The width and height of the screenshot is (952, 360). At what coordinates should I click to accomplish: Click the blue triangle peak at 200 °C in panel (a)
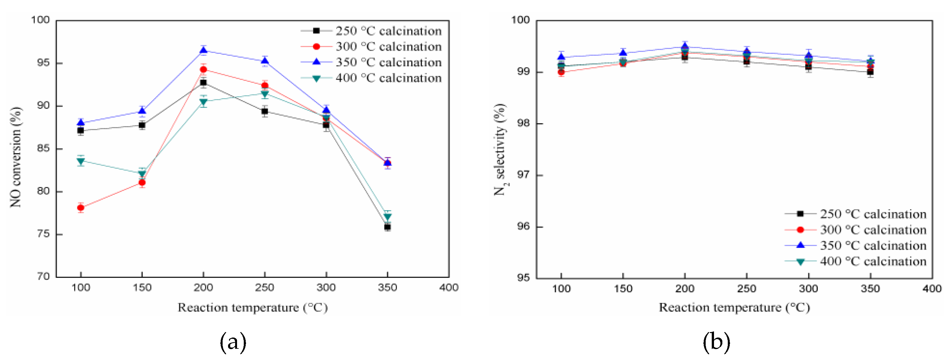pos(203,50)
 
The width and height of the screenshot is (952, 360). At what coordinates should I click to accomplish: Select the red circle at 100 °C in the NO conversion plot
pos(81,208)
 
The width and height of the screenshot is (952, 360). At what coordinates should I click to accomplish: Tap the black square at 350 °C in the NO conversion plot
pos(387,227)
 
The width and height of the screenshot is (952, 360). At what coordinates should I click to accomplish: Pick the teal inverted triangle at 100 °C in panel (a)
pos(81,161)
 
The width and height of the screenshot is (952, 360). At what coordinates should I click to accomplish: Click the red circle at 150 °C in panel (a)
pos(142,183)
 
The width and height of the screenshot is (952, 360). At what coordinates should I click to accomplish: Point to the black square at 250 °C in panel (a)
pos(265,111)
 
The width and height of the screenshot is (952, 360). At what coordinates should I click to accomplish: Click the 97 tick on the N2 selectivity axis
pos(523,175)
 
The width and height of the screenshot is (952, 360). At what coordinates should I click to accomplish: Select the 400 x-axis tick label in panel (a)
pos(449,287)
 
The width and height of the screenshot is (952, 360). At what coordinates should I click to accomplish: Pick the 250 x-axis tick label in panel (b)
pos(746,289)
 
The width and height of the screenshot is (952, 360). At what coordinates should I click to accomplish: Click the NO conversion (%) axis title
pos(15,157)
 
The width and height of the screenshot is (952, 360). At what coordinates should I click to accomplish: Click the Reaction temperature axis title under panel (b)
pos(734,307)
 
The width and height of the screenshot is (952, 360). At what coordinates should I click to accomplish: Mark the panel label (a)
pos(233,342)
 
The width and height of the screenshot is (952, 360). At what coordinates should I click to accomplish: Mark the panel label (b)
pos(716,342)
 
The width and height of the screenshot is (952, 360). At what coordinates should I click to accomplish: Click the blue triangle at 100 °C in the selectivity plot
pos(561,57)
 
